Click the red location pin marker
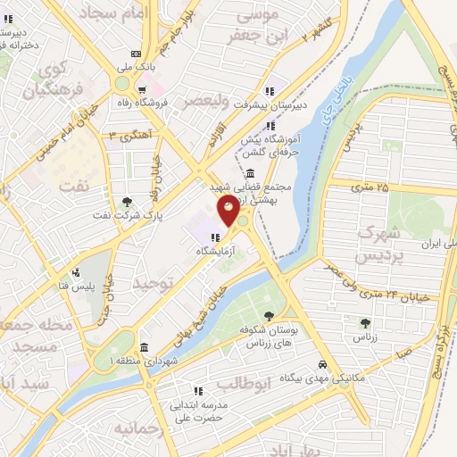229,212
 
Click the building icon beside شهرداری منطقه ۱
145,347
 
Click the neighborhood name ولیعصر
207,101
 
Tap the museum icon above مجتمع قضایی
248,173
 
